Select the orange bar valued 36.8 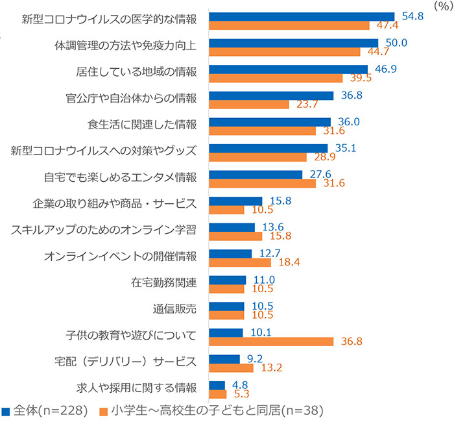[x=271, y=341]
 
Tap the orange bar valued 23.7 [x=249, y=104]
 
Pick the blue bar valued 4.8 [x=217, y=385]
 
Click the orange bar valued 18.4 [x=240, y=262]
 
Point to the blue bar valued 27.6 [x=256, y=175]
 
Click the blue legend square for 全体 [x=6, y=412]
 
